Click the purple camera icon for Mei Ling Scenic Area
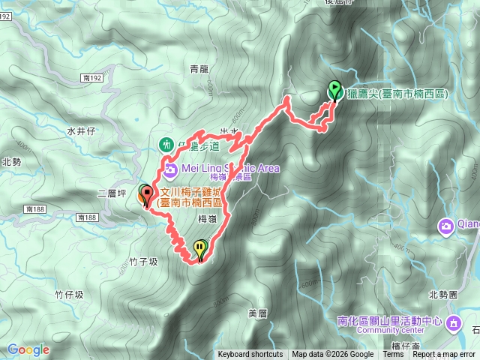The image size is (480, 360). (170, 168)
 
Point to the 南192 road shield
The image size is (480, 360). (93, 77)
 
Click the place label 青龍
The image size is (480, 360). (199, 69)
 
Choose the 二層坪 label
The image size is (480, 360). (109, 193)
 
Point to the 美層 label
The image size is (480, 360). (257, 312)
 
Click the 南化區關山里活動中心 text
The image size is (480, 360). (390, 317)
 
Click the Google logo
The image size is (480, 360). (28, 349)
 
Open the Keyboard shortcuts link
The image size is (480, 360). (250, 355)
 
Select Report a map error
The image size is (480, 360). (444, 355)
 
